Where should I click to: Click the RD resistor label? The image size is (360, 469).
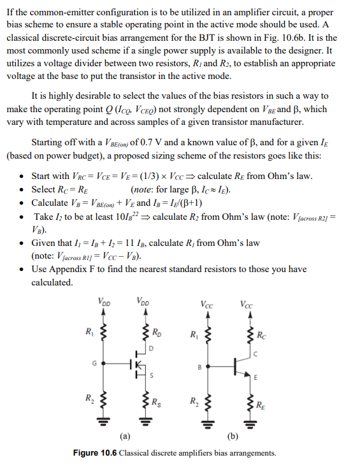[156, 333]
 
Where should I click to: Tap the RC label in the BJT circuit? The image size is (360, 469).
[261, 333]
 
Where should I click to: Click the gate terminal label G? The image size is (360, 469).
[94, 364]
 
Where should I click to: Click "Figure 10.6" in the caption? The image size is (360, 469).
[95, 453]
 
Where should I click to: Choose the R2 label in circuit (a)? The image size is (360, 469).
[89, 399]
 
